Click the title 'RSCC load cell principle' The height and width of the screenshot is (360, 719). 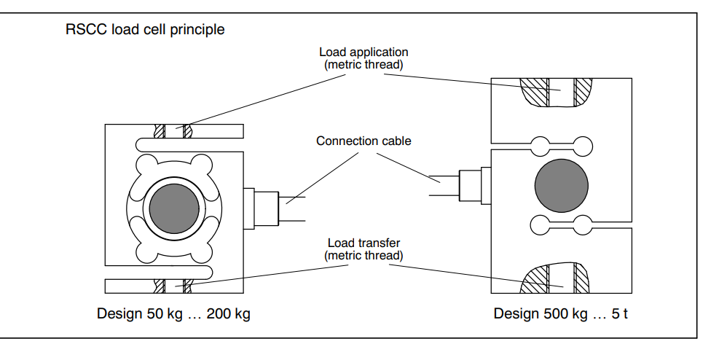click(145, 31)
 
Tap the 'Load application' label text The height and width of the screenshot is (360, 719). click(364, 52)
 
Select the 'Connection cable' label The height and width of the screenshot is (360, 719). click(364, 141)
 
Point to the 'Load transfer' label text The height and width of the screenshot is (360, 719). click(364, 243)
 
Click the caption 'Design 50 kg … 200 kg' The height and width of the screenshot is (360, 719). click(173, 314)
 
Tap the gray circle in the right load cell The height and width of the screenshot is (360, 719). click(561, 183)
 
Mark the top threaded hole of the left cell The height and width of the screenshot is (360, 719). click(173, 132)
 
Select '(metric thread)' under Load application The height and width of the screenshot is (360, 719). click(364, 64)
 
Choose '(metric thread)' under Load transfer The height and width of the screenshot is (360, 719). click(364, 255)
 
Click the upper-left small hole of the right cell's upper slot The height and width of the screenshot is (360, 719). click(541, 143)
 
